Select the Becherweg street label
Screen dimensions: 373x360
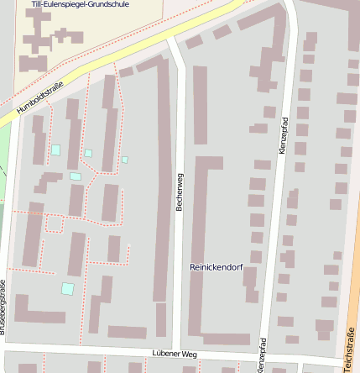click(x=180, y=192)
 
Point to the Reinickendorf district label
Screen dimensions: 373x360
click(x=217, y=267)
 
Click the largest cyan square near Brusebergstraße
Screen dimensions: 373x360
click(x=67, y=288)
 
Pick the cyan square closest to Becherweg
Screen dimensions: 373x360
click(x=125, y=160)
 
